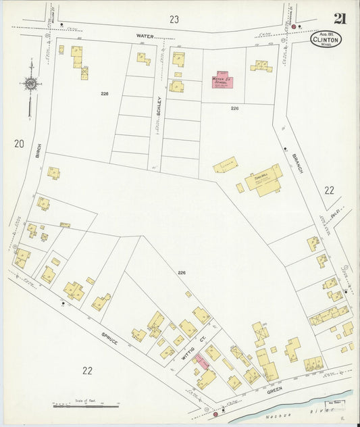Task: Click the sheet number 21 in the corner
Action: click(x=339, y=18)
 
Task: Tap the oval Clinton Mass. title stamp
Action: click(x=326, y=39)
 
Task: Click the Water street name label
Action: click(x=145, y=35)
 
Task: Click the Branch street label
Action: click(x=298, y=163)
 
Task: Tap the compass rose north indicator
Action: click(x=30, y=84)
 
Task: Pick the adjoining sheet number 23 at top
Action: click(x=174, y=19)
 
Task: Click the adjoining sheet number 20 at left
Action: click(x=18, y=143)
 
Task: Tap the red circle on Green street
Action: click(x=215, y=414)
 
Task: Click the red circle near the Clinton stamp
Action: click(x=294, y=26)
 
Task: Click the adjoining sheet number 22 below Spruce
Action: click(x=88, y=370)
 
